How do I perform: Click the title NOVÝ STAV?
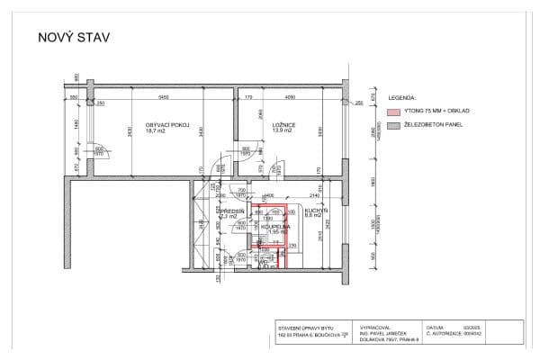tap(72, 38)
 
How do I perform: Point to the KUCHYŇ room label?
tap(315, 210)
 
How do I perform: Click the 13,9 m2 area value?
tap(283, 131)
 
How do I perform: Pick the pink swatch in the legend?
tap(392, 112)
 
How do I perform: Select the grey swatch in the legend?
tap(392, 124)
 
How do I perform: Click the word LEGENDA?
tap(401, 96)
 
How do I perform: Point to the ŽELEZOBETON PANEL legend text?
tap(433, 124)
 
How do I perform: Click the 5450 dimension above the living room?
tap(163, 96)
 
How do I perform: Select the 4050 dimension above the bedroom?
tap(290, 96)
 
